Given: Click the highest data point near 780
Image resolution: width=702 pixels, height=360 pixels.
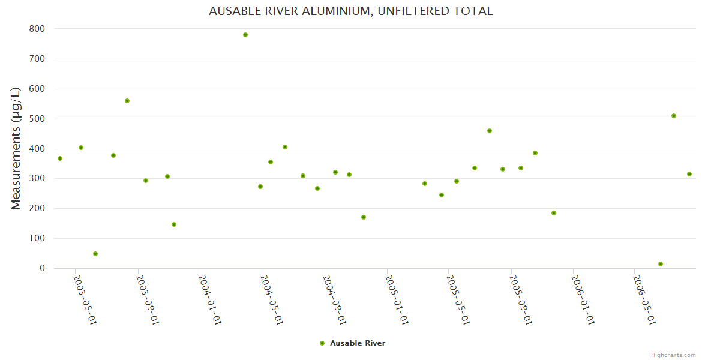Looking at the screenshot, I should click(x=245, y=35).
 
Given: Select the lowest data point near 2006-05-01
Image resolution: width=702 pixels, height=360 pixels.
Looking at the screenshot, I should click(x=661, y=264).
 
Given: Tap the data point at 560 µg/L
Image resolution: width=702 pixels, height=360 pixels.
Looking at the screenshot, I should click(x=127, y=101).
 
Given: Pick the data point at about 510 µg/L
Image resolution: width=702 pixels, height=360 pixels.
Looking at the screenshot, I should click(x=674, y=116).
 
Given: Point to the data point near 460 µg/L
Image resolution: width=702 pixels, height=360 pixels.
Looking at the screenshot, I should click(x=490, y=131).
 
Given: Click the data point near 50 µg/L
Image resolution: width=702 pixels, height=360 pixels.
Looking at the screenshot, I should click(x=95, y=254).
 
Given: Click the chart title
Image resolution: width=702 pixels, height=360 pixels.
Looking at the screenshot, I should click(x=351, y=11).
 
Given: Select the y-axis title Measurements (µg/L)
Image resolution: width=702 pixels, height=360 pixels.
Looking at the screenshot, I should click(x=16, y=148).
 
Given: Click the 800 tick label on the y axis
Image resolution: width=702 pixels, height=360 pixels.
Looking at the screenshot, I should click(x=37, y=29).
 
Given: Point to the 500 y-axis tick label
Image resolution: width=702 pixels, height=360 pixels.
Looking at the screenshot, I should click(x=37, y=119).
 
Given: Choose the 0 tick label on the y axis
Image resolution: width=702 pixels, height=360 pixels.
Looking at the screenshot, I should click(x=42, y=268).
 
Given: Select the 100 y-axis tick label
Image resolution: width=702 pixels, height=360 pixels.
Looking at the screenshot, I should click(x=37, y=238).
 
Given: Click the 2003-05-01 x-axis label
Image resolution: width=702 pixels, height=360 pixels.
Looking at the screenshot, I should click(x=85, y=299).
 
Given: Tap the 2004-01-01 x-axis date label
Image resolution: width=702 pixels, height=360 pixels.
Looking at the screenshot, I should click(x=210, y=299).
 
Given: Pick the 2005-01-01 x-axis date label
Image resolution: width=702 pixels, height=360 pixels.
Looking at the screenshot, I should click(x=397, y=299).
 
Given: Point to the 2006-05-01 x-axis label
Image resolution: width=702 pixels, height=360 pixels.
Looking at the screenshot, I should click(x=644, y=299).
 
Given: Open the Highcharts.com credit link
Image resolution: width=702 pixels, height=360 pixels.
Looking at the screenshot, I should click(x=673, y=355).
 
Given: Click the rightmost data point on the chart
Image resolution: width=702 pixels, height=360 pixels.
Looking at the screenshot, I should click(x=689, y=174).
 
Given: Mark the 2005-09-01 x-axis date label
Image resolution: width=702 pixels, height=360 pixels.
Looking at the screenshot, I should click(x=521, y=299).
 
